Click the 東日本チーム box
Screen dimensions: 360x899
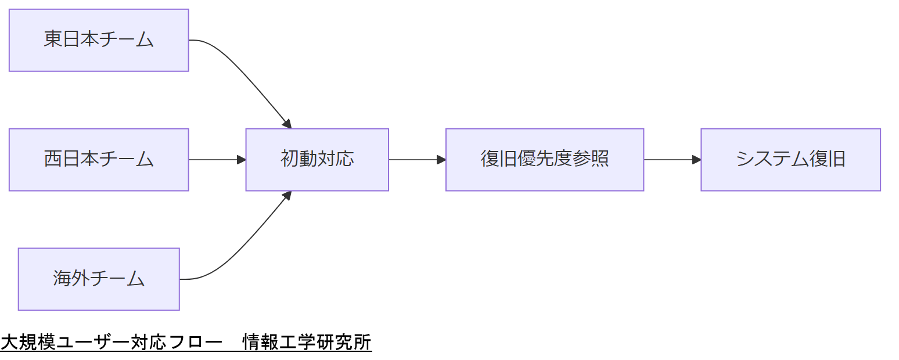click(x=99, y=40)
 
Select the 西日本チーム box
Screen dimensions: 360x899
click(x=99, y=160)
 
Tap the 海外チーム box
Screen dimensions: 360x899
click(x=99, y=279)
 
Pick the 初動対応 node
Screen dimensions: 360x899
click(x=317, y=160)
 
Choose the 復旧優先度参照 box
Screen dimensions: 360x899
click(x=545, y=160)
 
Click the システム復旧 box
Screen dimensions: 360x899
click(x=790, y=160)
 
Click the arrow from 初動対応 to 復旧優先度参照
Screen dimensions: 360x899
click(x=415, y=160)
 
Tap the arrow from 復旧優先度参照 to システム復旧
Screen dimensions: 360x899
click(x=671, y=160)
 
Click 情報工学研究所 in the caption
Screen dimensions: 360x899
click(x=307, y=343)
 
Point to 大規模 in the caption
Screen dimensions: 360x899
click(x=28, y=343)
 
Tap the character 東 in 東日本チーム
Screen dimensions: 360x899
click(x=53, y=40)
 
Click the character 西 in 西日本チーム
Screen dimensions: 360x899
click(x=53, y=160)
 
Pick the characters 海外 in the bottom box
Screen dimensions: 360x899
click(x=71, y=279)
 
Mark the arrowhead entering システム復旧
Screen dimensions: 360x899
click(x=697, y=160)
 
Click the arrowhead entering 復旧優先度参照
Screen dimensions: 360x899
click(x=441, y=160)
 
